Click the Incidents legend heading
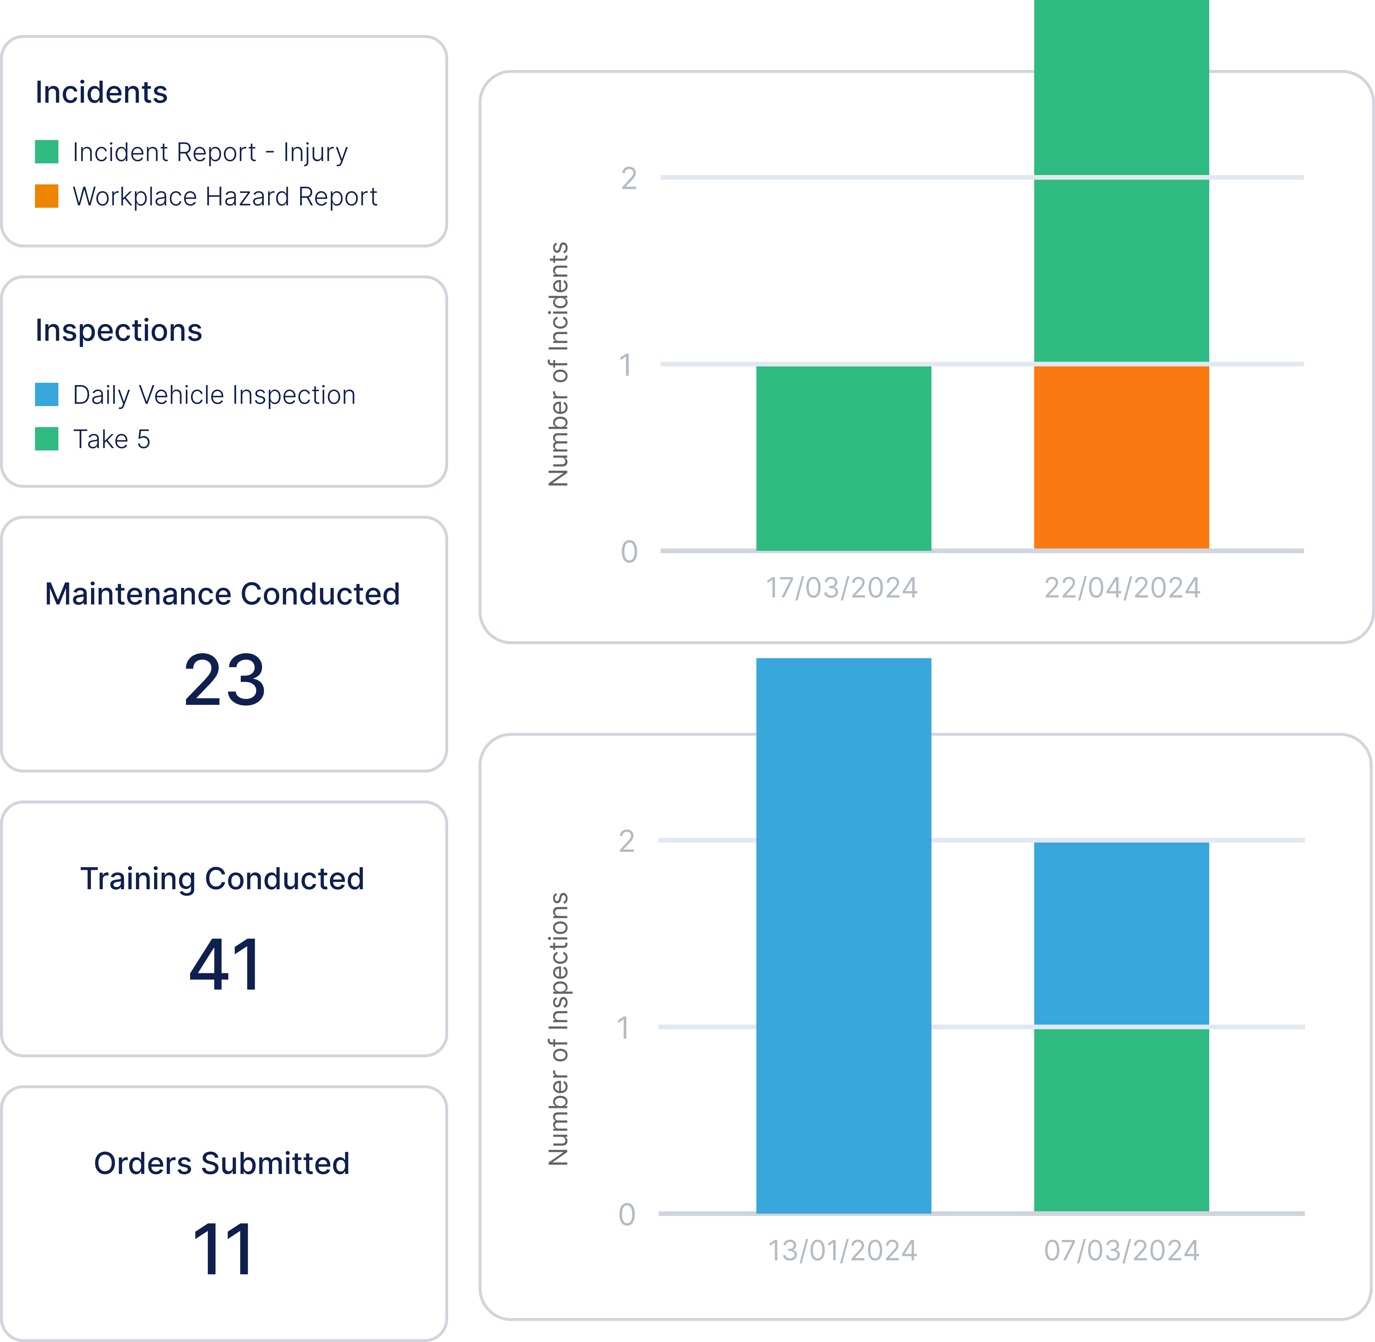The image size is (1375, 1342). point(101,92)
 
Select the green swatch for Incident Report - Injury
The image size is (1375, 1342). point(47,152)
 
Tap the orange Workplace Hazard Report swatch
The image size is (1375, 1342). point(47,196)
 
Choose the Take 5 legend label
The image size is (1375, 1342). point(111,439)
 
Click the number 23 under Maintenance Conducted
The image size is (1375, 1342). point(224,680)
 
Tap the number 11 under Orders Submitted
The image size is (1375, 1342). point(223,1250)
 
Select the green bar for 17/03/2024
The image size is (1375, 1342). point(843,458)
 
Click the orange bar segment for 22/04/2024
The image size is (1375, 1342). point(1121,457)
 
